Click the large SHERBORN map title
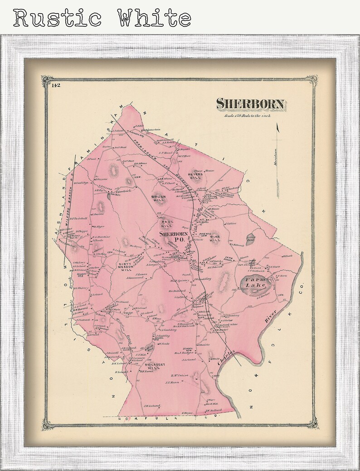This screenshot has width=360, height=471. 251,104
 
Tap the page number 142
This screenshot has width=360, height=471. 56,85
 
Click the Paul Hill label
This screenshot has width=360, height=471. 166,223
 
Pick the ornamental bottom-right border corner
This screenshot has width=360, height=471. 312,425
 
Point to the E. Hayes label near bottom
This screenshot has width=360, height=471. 188,413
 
